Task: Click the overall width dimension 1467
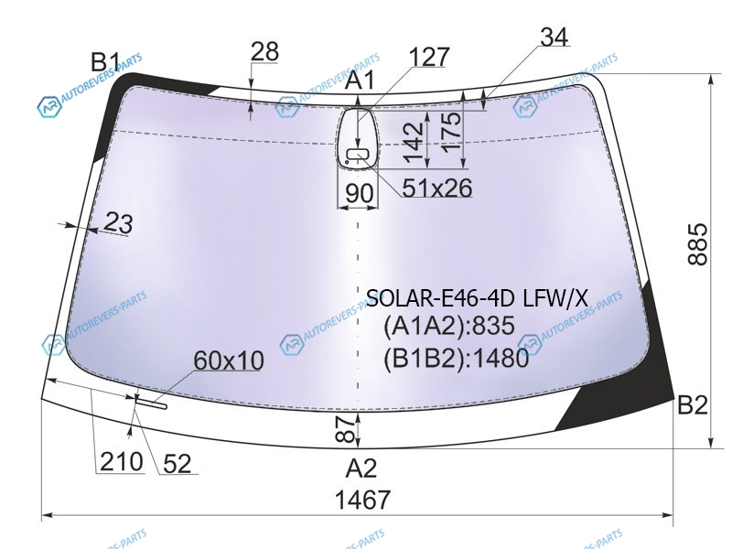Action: [362, 500]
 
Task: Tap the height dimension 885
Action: [698, 244]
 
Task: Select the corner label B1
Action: [105, 61]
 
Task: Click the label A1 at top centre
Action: [360, 80]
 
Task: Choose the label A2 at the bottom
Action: [361, 468]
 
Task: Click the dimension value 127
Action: [429, 57]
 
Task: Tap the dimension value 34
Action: [554, 37]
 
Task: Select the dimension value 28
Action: [264, 51]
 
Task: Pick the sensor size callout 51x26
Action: [437, 188]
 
